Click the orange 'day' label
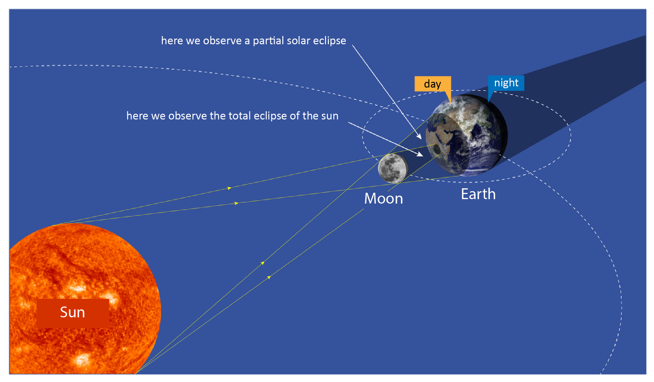coord(433,84)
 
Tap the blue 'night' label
coord(506,83)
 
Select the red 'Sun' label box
coord(73,313)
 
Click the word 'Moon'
coord(384,198)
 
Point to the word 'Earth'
coord(478,194)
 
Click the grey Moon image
coord(393,168)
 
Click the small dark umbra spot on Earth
coord(437,149)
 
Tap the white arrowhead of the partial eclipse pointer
coord(419,136)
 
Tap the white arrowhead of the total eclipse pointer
coord(420,154)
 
